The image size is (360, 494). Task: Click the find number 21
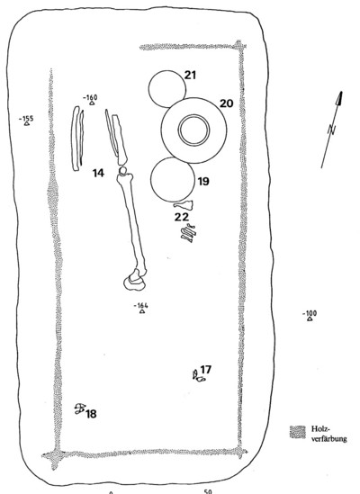[190, 76]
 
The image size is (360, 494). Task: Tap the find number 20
[226, 103]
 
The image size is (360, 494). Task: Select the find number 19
[203, 182]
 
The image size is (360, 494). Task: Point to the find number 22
[182, 217]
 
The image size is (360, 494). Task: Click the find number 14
[98, 173]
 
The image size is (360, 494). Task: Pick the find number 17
[206, 369]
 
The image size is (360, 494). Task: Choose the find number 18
[91, 414]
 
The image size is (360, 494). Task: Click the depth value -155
[26, 119]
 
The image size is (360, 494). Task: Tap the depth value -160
[90, 97]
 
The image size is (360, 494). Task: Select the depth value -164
[141, 305]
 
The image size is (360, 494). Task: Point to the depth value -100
[310, 313]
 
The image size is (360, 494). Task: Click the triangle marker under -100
[310, 319]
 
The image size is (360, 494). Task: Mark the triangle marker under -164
[142, 311]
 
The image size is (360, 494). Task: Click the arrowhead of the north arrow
[339, 98]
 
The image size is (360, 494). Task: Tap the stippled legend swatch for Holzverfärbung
[298, 432]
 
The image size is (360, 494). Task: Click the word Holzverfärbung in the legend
[329, 434]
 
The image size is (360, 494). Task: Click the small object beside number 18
[80, 409]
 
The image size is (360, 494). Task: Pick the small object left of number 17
[198, 376]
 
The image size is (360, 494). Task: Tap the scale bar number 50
[208, 491]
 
